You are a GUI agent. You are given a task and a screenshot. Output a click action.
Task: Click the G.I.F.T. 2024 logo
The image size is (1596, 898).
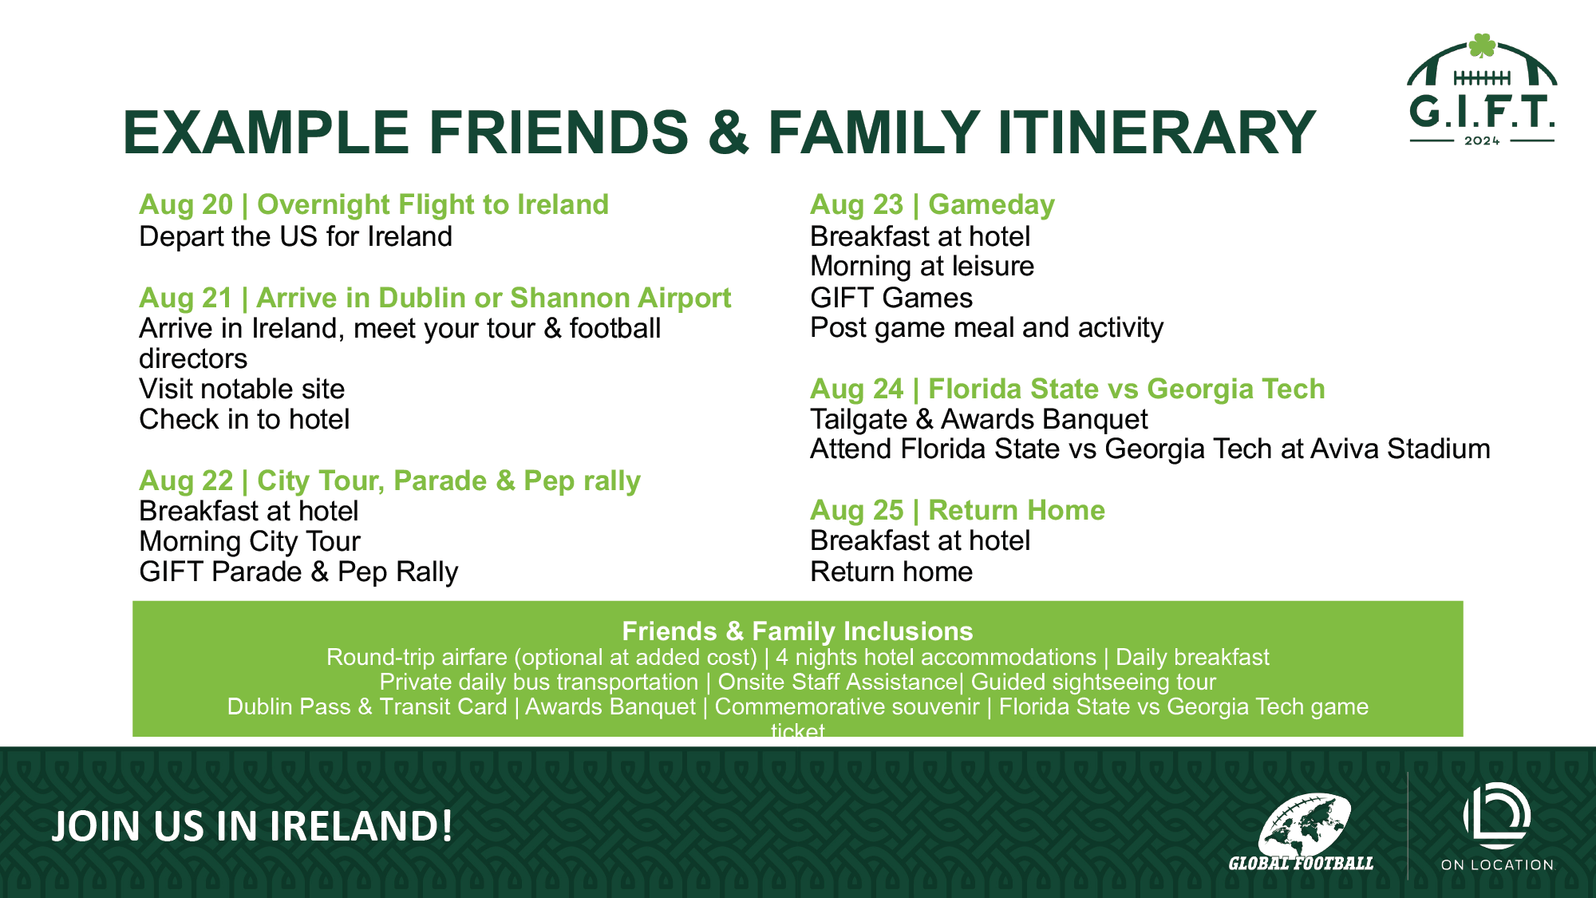pyautogui.click(x=1482, y=90)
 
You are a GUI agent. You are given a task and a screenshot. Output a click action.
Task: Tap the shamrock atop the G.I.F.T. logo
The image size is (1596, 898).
pyautogui.click(x=1482, y=45)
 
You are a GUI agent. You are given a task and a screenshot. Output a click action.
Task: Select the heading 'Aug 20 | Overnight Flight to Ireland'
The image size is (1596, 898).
pyautogui.click(x=373, y=205)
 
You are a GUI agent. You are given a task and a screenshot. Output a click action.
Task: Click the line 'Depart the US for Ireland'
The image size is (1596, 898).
pyautogui.click(x=295, y=236)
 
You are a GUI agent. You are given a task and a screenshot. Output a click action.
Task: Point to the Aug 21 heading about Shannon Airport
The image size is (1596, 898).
pyautogui.click(x=435, y=298)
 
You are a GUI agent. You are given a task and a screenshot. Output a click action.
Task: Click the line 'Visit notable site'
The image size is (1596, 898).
pyautogui.click(x=242, y=389)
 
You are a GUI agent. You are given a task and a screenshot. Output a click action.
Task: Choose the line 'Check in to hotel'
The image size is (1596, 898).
pyautogui.click(x=244, y=419)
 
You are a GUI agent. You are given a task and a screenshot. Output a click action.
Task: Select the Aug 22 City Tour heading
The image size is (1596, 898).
pyautogui.click(x=389, y=481)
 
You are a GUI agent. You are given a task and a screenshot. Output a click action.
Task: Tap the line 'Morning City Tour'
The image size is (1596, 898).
pyautogui.click(x=250, y=541)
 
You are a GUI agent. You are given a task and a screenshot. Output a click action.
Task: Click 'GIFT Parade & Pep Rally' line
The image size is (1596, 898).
pyautogui.click(x=298, y=572)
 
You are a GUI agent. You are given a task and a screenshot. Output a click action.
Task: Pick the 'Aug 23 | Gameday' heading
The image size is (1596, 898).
pyautogui.click(x=932, y=205)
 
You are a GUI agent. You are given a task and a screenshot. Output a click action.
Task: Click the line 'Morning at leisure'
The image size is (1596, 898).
pyautogui.click(x=922, y=266)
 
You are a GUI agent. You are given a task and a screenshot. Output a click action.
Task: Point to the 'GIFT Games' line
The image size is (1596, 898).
pyautogui.click(x=891, y=298)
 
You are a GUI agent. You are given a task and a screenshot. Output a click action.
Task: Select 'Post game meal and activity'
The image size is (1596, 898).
pyautogui.click(x=986, y=327)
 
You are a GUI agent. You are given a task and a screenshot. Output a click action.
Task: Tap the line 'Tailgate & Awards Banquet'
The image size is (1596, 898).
pyautogui.click(x=978, y=419)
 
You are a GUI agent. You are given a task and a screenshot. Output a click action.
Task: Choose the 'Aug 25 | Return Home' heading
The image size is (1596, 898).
pyautogui.click(x=958, y=510)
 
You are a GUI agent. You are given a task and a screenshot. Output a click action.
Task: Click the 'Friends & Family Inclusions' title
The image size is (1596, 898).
pyautogui.click(x=797, y=631)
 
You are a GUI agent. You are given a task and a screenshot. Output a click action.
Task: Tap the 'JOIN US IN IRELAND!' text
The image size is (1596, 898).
pyautogui.click(x=252, y=826)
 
